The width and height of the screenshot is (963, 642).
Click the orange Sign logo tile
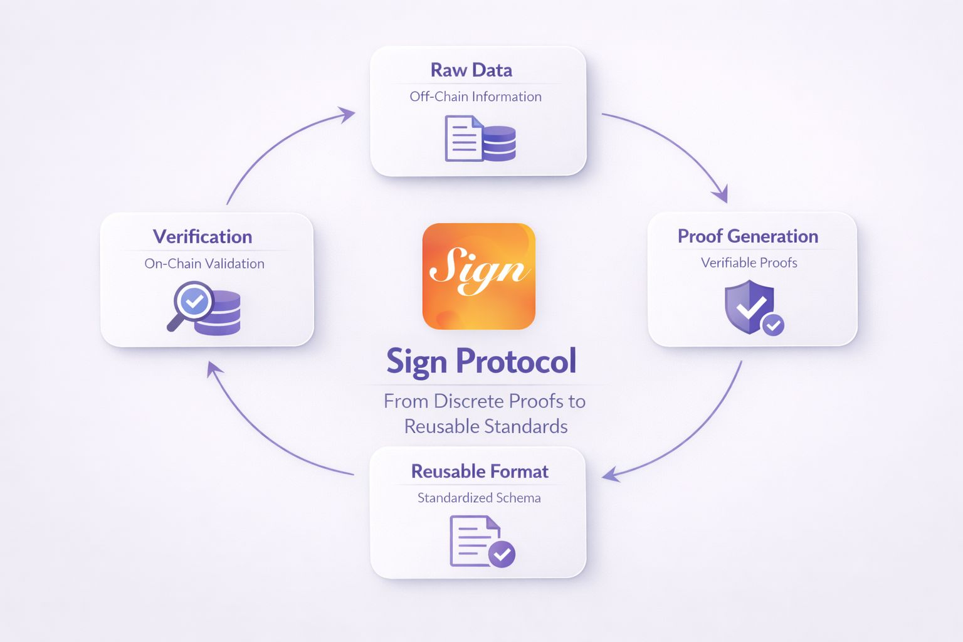click(478, 276)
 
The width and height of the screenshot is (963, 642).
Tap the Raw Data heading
click(471, 70)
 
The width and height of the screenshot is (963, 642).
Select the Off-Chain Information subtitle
click(475, 97)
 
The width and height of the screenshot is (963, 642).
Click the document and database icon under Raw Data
click(480, 139)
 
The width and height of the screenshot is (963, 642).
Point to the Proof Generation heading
click(747, 236)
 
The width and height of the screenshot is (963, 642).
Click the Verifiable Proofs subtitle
click(749, 263)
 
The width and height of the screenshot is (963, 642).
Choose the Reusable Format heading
click(480, 471)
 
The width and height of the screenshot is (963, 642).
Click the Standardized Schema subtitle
click(479, 498)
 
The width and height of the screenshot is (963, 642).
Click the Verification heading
click(203, 237)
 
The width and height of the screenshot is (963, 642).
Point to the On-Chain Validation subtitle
click(204, 264)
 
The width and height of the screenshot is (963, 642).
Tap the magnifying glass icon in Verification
click(190, 305)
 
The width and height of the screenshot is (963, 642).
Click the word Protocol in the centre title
click(516, 362)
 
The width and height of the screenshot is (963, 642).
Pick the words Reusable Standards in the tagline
click(486, 427)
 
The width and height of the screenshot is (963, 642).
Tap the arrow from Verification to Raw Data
click(276, 144)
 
